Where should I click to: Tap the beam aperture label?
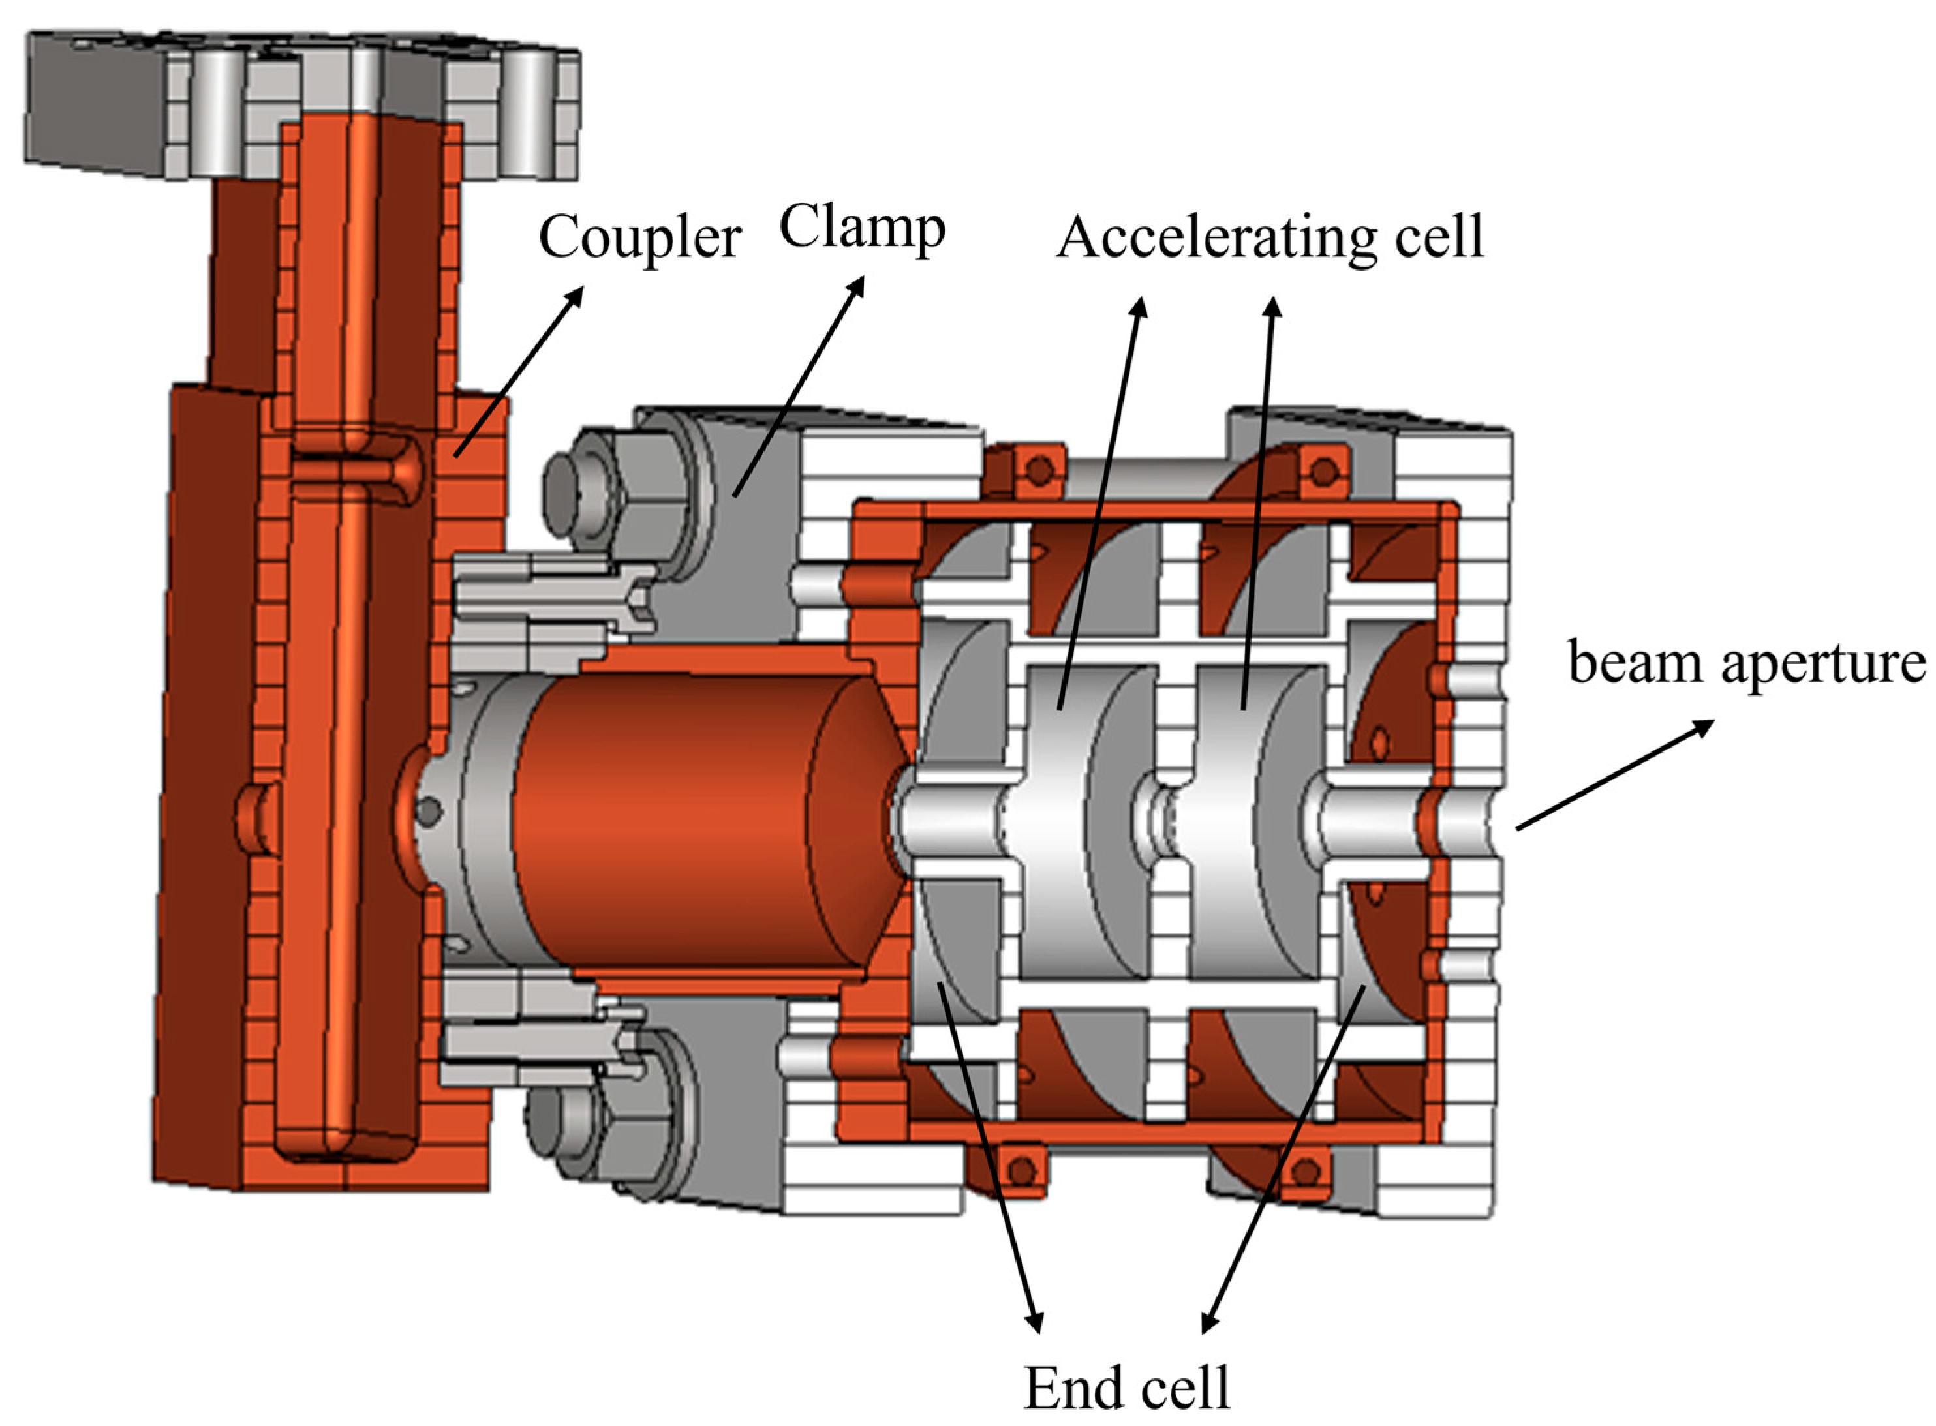point(1746,663)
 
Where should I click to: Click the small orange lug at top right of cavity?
point(1322,471)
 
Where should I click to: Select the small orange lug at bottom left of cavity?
point(1022,1170)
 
